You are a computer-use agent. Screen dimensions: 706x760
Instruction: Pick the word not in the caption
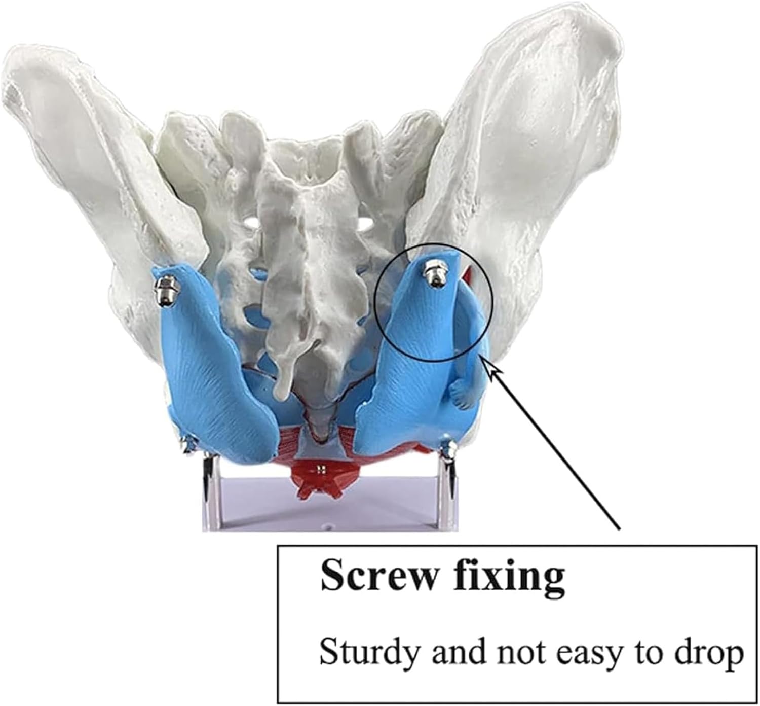coord(518,653)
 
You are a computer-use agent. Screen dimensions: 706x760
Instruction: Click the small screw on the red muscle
coord(319,468)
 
